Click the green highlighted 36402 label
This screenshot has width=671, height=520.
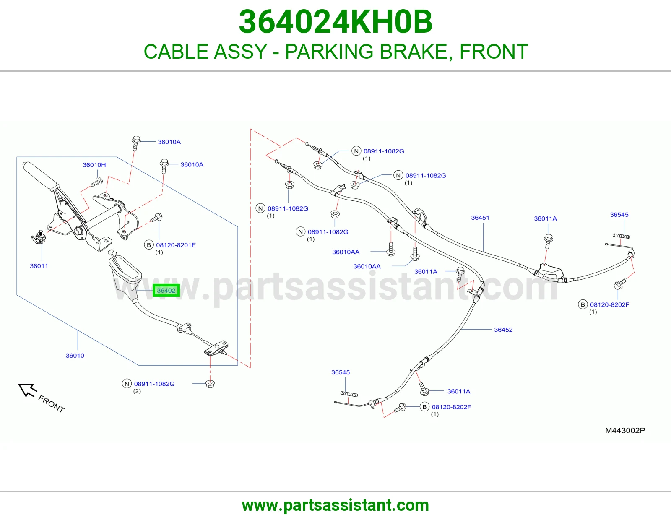[x=166, y=290]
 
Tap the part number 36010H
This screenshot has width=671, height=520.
[x=94, y=165]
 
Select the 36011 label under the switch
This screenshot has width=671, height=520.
[x=39, y=266]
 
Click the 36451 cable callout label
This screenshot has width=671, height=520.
[x=480, y=218]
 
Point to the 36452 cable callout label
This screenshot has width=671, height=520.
[x=503, y=330]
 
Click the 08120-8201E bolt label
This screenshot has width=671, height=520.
[x=176, y=245]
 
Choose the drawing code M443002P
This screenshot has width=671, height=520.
[x=625, y=430]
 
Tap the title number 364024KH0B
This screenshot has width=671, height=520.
[x=335, y=22]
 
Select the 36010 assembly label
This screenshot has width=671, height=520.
[x=75, y=356]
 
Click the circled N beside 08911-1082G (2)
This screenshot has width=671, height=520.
[x=127, y=384]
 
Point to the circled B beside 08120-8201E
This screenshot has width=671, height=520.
[x=149, y=245]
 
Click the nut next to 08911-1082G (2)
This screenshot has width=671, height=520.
[x=210, y=384]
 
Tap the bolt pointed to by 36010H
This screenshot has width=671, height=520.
[x=96, y=182]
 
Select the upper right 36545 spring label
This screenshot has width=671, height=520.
[x=619, y=215]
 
